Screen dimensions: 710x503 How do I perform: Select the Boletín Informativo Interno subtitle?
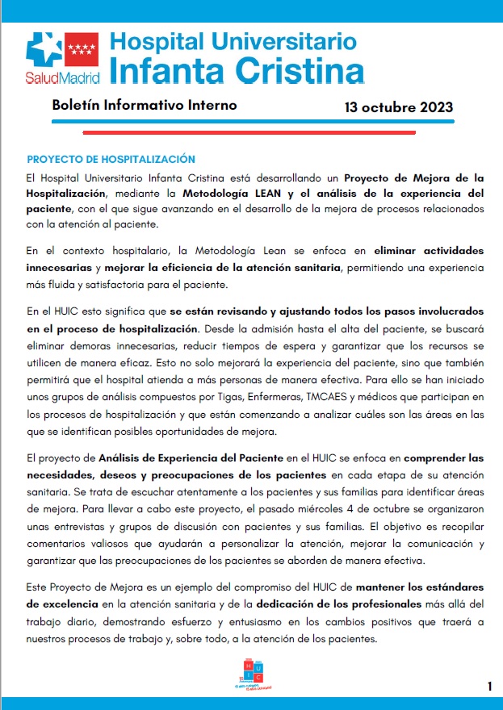144,106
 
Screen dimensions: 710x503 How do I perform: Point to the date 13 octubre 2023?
398,107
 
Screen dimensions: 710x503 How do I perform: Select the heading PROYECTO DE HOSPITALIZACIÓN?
111,159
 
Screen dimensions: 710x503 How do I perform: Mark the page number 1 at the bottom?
489,687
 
